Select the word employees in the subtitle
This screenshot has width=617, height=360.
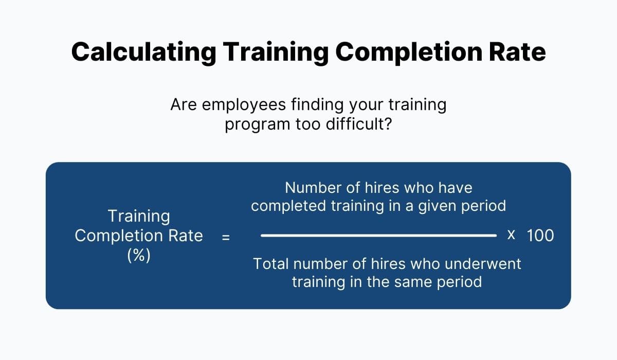243,105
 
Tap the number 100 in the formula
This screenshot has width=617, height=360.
540,236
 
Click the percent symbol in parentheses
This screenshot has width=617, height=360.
139,256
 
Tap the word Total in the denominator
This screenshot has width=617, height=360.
270,264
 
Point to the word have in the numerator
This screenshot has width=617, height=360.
454,187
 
